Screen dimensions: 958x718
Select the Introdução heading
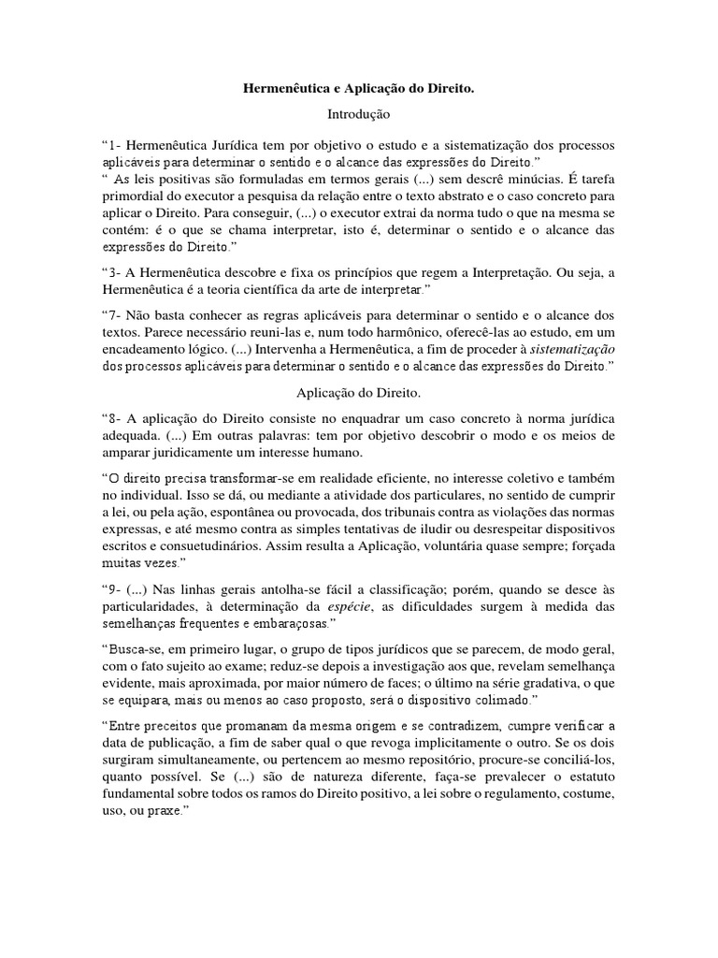point(358,115)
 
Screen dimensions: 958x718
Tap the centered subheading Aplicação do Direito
point(358,397)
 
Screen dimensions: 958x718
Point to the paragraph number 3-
point(115,272)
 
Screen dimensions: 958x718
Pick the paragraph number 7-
point(115,317)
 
